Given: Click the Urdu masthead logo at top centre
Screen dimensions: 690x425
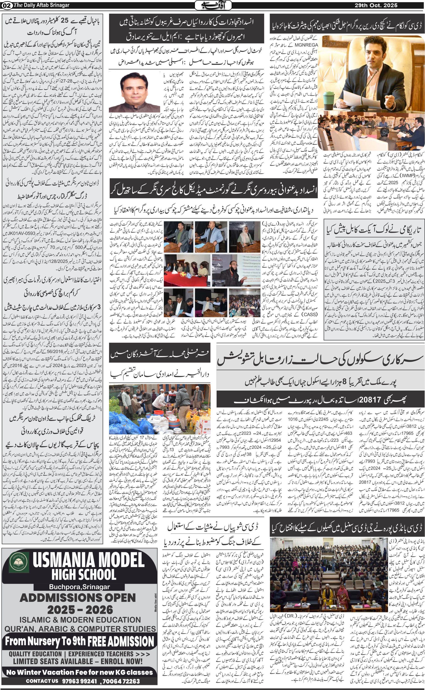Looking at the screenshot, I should tap(213, 5).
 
